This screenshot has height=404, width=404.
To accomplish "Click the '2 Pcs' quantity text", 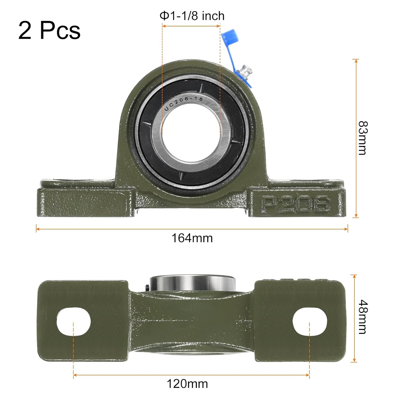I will tap(49, 30).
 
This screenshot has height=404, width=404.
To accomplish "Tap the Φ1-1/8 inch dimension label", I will tap(192, 16).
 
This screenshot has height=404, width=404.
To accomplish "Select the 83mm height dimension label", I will tap(362, 138).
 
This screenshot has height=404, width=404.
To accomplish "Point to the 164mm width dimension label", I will tap(192, 238).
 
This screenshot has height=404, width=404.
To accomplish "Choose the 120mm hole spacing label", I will tap(187, 384).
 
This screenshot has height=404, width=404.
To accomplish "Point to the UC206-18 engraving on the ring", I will tap(183, 103).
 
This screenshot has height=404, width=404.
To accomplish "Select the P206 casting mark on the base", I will tap(295, 204).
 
